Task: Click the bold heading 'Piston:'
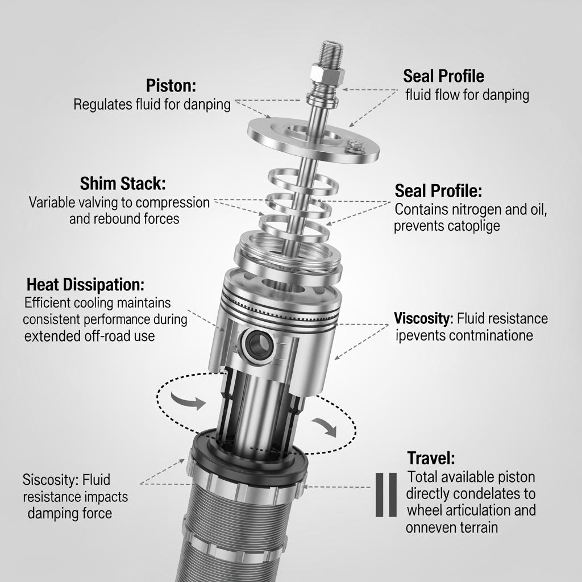click(171, 86)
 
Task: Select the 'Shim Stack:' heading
click(123, 184)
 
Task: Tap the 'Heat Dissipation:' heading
click(85, 285)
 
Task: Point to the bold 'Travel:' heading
click(431, 458)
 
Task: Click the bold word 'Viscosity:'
click(423, 318)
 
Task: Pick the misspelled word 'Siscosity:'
click(51, 480)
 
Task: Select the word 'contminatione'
click(491, 335)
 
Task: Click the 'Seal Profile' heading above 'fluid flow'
click(443, 76)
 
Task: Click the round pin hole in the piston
click(259, 344)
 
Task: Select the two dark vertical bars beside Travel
click(386, 495)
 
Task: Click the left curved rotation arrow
click(188, 401)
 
